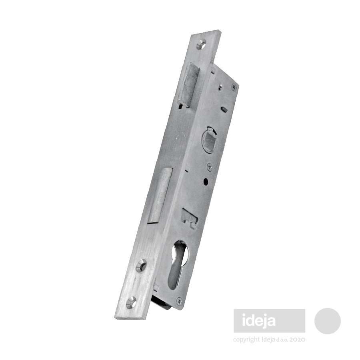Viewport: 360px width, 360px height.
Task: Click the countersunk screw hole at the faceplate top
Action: tap(202, 44)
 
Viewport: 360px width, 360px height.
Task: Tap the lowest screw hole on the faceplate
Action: tap(132, 300)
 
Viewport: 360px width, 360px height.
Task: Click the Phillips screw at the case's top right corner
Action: tap(234, 86)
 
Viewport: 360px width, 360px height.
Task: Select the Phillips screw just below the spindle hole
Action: tap(209, 166)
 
